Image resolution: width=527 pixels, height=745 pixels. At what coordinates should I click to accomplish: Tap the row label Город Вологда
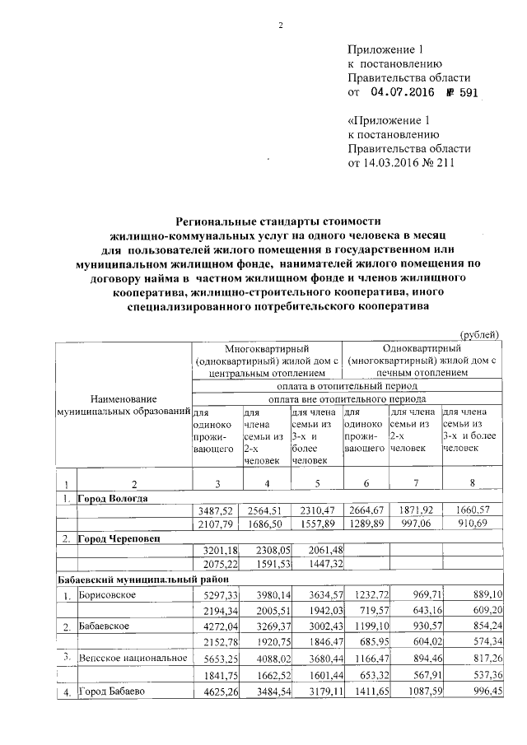click(x=113, y=499)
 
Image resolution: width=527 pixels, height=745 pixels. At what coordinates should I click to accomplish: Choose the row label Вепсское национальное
click(x=132, y=659)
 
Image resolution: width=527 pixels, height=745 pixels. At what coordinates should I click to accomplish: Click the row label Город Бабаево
click(x=112, y=691)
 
